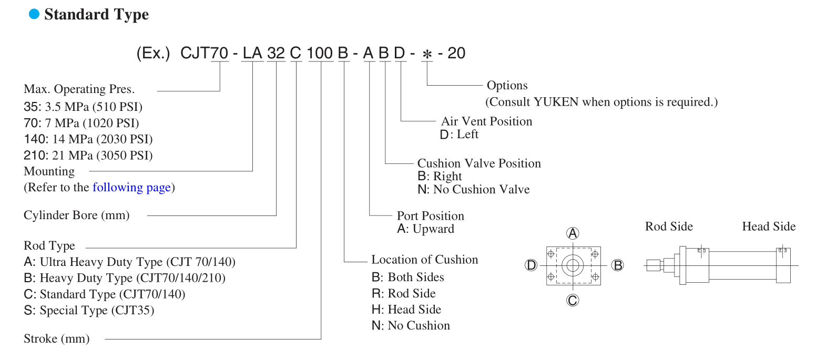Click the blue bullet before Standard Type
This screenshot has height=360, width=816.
34,15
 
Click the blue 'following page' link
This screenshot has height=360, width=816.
131,188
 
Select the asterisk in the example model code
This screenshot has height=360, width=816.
427,54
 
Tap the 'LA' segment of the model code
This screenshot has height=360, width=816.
252,53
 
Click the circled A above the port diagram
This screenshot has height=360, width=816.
573,233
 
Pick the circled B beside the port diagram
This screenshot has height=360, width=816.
618,265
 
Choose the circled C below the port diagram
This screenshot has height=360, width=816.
573,300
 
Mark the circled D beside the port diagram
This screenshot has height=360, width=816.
531,265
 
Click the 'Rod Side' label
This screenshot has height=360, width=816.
669,227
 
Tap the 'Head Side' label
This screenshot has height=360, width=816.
769,227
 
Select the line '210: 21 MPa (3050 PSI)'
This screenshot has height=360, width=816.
88,156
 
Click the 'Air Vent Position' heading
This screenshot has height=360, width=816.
486,121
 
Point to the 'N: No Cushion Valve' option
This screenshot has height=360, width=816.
473,190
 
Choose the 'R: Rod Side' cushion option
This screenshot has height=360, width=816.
403,293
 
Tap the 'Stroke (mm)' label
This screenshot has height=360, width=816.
57,339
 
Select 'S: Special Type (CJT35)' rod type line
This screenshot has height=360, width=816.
89,311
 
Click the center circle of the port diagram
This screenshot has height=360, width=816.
573,265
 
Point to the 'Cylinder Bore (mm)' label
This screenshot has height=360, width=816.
76,215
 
